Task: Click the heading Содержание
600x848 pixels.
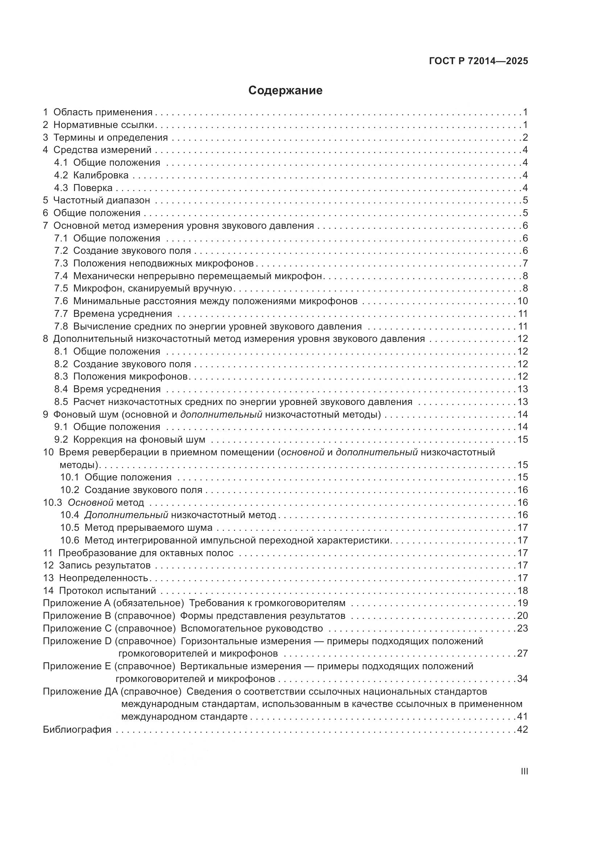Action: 285,91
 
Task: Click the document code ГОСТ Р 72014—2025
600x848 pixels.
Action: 478,61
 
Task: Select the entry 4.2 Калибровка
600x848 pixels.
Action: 91,175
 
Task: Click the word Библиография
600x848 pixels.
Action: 77,729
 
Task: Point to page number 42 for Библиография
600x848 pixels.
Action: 522,729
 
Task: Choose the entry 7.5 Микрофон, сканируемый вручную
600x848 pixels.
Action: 143,289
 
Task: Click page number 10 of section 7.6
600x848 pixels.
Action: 522,301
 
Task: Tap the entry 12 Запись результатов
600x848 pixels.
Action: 97,565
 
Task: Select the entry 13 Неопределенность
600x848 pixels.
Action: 95,578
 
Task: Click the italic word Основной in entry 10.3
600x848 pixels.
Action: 91,502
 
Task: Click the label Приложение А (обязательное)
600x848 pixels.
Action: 114,603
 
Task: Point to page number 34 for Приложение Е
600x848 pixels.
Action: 522,678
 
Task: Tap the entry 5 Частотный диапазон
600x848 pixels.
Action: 96,200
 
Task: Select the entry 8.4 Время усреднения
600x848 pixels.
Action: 107,389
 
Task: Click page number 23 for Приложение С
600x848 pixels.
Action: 522,628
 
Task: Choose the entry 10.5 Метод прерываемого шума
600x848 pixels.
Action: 136,528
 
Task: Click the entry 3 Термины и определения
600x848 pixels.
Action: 105,137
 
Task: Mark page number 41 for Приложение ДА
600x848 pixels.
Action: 522,716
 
